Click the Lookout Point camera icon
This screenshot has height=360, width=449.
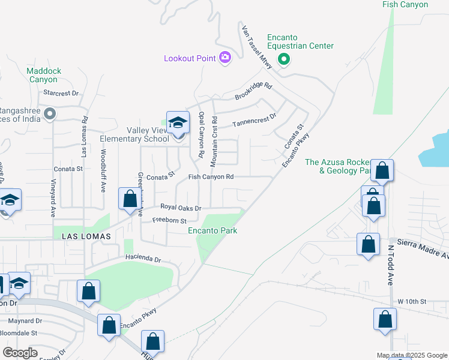tap(225, 58)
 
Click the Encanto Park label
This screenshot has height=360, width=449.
tap(212, 230)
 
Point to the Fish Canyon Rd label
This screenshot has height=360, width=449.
tap(211, 177)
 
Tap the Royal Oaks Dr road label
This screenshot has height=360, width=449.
tap(179, 208)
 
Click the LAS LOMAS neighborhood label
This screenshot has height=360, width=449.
tap(86, 237)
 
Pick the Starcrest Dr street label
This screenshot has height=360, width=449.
tap(62, 93)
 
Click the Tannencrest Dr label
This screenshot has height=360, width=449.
tap(254, 119)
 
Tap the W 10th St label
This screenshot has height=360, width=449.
tap(412, 301)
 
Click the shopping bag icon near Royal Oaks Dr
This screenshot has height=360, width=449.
tap(130, 199)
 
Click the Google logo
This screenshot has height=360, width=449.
tap(20, 353)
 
